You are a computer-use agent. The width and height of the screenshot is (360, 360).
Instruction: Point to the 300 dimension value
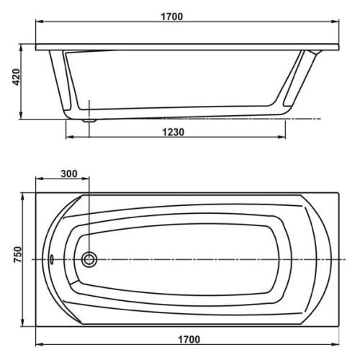click(70, 174)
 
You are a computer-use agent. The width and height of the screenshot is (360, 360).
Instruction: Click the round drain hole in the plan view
click(89, 259)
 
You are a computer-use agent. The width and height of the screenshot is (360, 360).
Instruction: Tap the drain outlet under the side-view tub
click(89, 120)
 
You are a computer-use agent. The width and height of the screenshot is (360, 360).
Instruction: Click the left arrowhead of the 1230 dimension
click(69, 137)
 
